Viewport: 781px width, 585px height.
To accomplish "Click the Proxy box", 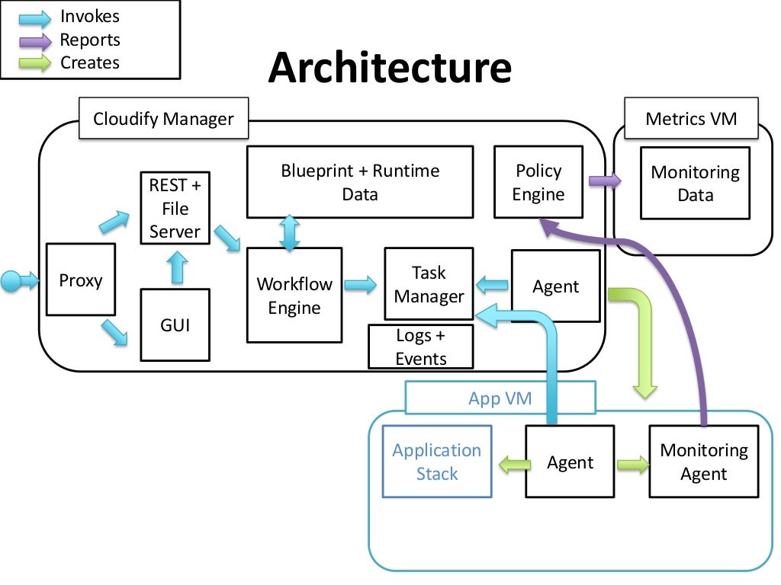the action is pos(81,280).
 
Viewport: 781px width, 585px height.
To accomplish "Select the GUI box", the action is pos(175,324).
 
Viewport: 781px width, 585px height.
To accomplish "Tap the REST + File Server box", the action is pos(175,208).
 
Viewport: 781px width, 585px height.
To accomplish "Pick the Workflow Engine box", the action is pos(294,296).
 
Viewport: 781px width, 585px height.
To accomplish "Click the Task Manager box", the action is pos(429,284).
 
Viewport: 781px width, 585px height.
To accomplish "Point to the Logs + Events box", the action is pos(421,347).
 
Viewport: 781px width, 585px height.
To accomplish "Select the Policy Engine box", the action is pos(538,182).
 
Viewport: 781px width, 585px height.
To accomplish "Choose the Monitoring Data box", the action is pos(696,183).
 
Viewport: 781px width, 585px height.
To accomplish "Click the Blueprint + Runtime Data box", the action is pos(360,182).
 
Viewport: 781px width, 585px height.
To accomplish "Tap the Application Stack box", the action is pos(437,462).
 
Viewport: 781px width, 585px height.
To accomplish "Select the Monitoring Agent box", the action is pos(704,462).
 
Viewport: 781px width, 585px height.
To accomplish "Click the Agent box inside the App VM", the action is pos(570,462).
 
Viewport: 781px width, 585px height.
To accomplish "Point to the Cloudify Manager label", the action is pos(163,118).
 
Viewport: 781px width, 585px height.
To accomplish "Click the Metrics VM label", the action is pos(691,118).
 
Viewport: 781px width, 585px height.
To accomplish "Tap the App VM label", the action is pos(500,398).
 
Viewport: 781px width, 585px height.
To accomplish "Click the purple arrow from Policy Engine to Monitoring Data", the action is pos(605,181).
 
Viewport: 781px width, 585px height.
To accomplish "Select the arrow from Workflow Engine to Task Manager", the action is pos(361,285).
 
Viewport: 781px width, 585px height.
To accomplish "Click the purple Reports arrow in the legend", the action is pos(35,41).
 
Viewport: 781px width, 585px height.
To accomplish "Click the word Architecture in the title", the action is pos(390,67).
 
